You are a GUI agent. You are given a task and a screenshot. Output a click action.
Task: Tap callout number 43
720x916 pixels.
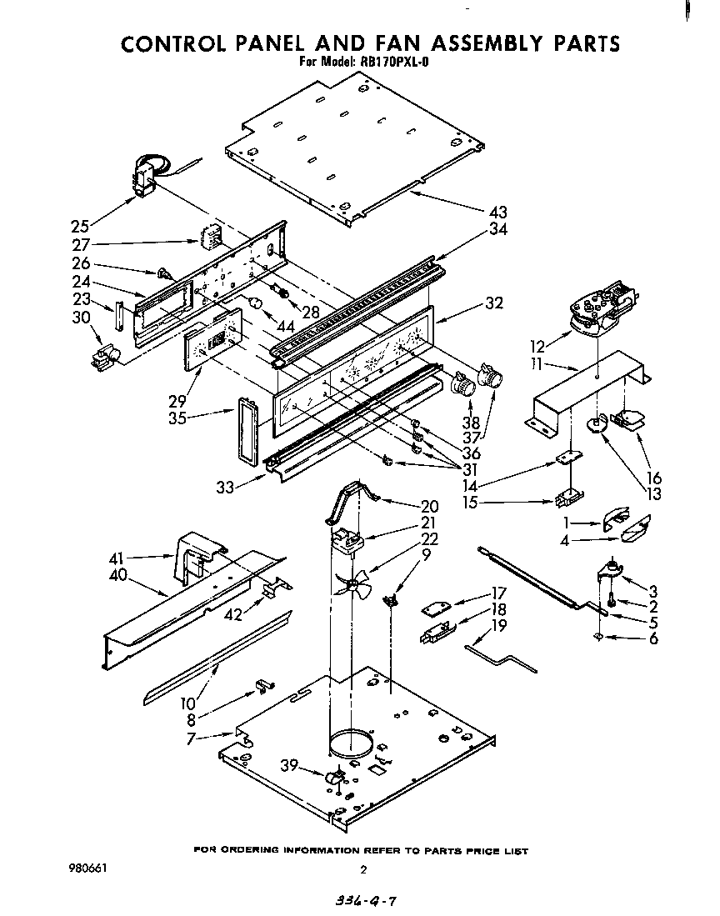(x=498, y=213)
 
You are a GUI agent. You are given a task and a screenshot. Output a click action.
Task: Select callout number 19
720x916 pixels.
(x=497, y=625)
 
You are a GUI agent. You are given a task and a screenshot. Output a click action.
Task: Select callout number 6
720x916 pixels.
(x=653, y=638)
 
